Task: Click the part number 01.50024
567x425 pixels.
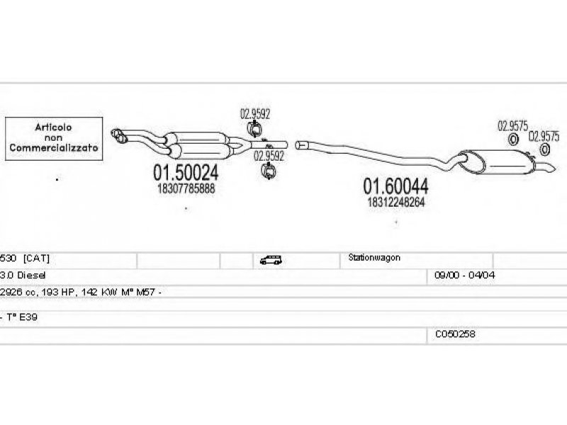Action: (186, 172)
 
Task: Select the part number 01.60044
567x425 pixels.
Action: (395, 186)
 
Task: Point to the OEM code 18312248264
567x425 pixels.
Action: (395, 202)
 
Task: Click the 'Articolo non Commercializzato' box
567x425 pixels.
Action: (54, 137)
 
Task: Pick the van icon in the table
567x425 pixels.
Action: (269, 260)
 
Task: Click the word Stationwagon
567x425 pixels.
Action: (374, 258)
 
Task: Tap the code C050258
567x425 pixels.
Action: (455, 334)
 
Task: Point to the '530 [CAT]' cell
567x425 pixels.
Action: (25, 259)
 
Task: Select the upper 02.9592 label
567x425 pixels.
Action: (254, 113)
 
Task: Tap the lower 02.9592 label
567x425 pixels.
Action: (269, 156)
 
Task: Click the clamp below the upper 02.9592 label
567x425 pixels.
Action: (255, 129)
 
